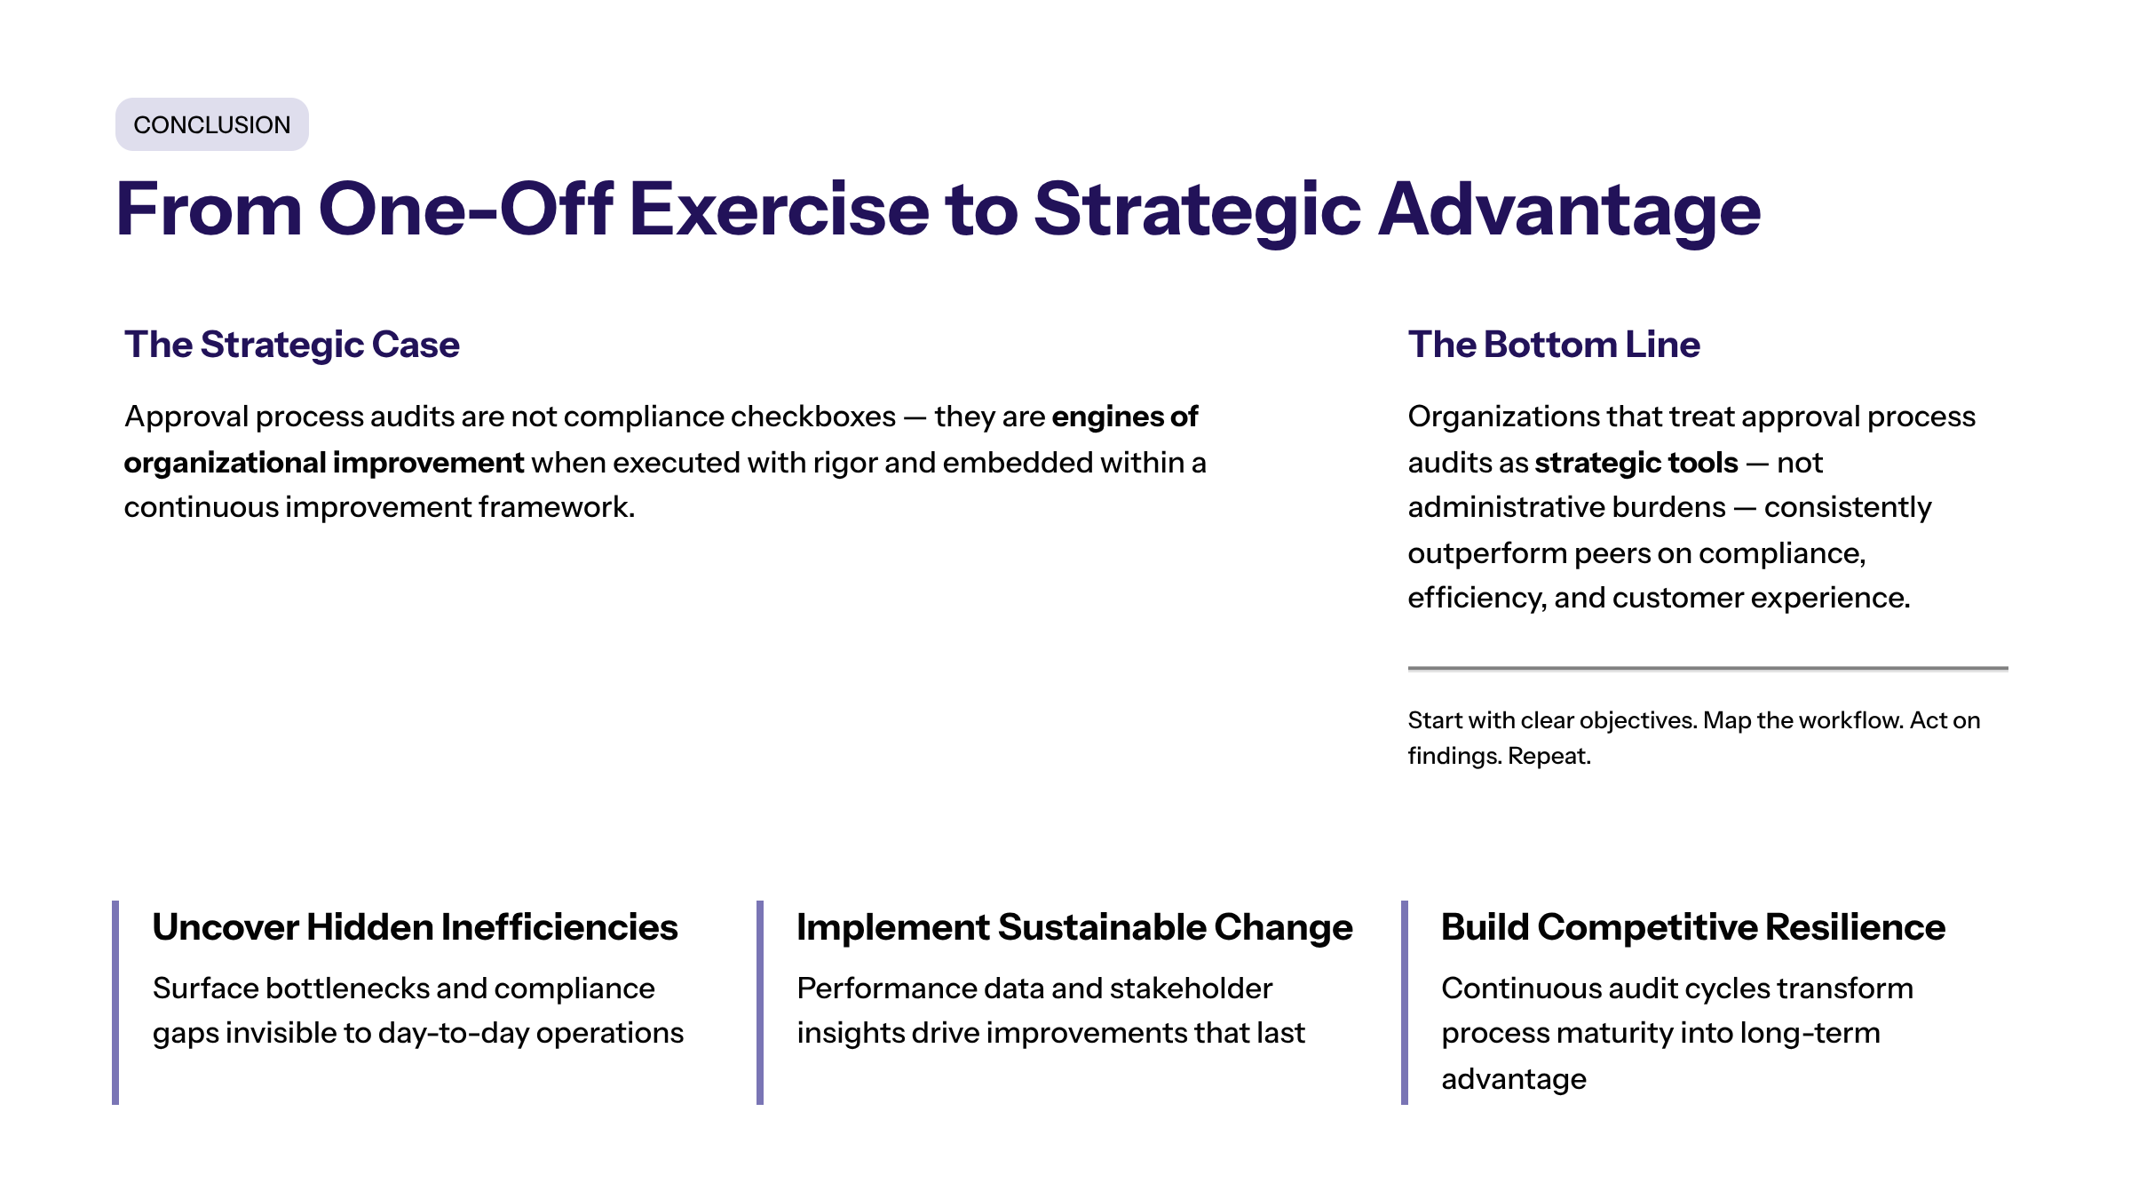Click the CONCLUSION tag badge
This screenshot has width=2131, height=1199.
[212, 124]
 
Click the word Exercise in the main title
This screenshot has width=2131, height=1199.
[779, 210]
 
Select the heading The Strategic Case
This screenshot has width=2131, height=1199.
[292, 345]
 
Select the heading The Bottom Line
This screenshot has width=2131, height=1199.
[1554, 345]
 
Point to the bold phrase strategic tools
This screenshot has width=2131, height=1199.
[1636, 463]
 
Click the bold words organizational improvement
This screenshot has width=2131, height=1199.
[324, 463]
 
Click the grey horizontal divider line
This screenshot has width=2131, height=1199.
[1708, 668]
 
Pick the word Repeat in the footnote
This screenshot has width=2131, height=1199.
[1549, 756]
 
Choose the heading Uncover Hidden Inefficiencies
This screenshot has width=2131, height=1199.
[416, 927]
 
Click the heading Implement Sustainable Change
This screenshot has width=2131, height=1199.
[1074, 928]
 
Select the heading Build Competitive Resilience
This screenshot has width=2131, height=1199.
[1693, 928]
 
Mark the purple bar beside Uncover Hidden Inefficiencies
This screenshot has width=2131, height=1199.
[115, 1003]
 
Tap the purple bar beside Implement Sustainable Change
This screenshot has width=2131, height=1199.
[760, 1003]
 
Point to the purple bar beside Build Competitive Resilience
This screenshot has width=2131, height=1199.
[1405, 1003]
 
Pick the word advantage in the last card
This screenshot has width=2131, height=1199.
[1514, 1080]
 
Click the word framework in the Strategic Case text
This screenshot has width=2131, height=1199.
[557, 507]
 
